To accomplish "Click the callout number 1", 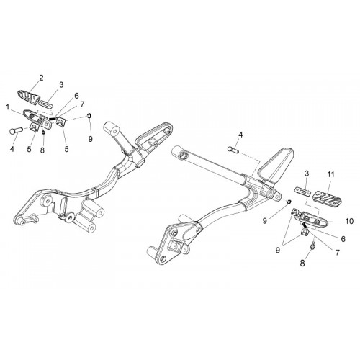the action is point(8,107).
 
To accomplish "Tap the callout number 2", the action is point(41,78).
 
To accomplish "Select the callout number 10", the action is point(350,221).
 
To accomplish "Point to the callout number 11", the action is point(330,174).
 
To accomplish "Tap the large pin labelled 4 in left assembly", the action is point(17,131).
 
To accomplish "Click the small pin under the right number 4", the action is point(233,149).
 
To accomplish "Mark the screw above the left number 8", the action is point(43,132).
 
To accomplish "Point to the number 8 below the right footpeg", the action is point(302,263).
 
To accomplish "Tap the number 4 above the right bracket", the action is point(240,135).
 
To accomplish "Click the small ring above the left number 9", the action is point(89,116).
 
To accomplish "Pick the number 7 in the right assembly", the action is point(338,253).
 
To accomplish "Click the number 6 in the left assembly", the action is point(76,96).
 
